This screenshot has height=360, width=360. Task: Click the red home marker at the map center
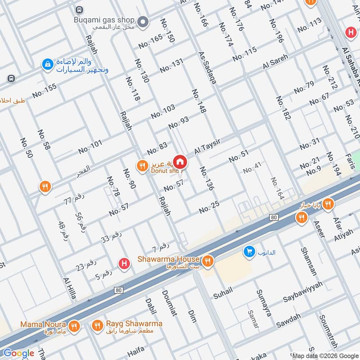(180, 162)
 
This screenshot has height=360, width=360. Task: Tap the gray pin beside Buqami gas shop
(143, 21)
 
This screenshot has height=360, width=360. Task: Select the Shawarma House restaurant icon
(207, 260)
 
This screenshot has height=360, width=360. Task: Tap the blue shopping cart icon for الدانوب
(248, 252)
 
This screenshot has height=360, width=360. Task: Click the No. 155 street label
(44, 91)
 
